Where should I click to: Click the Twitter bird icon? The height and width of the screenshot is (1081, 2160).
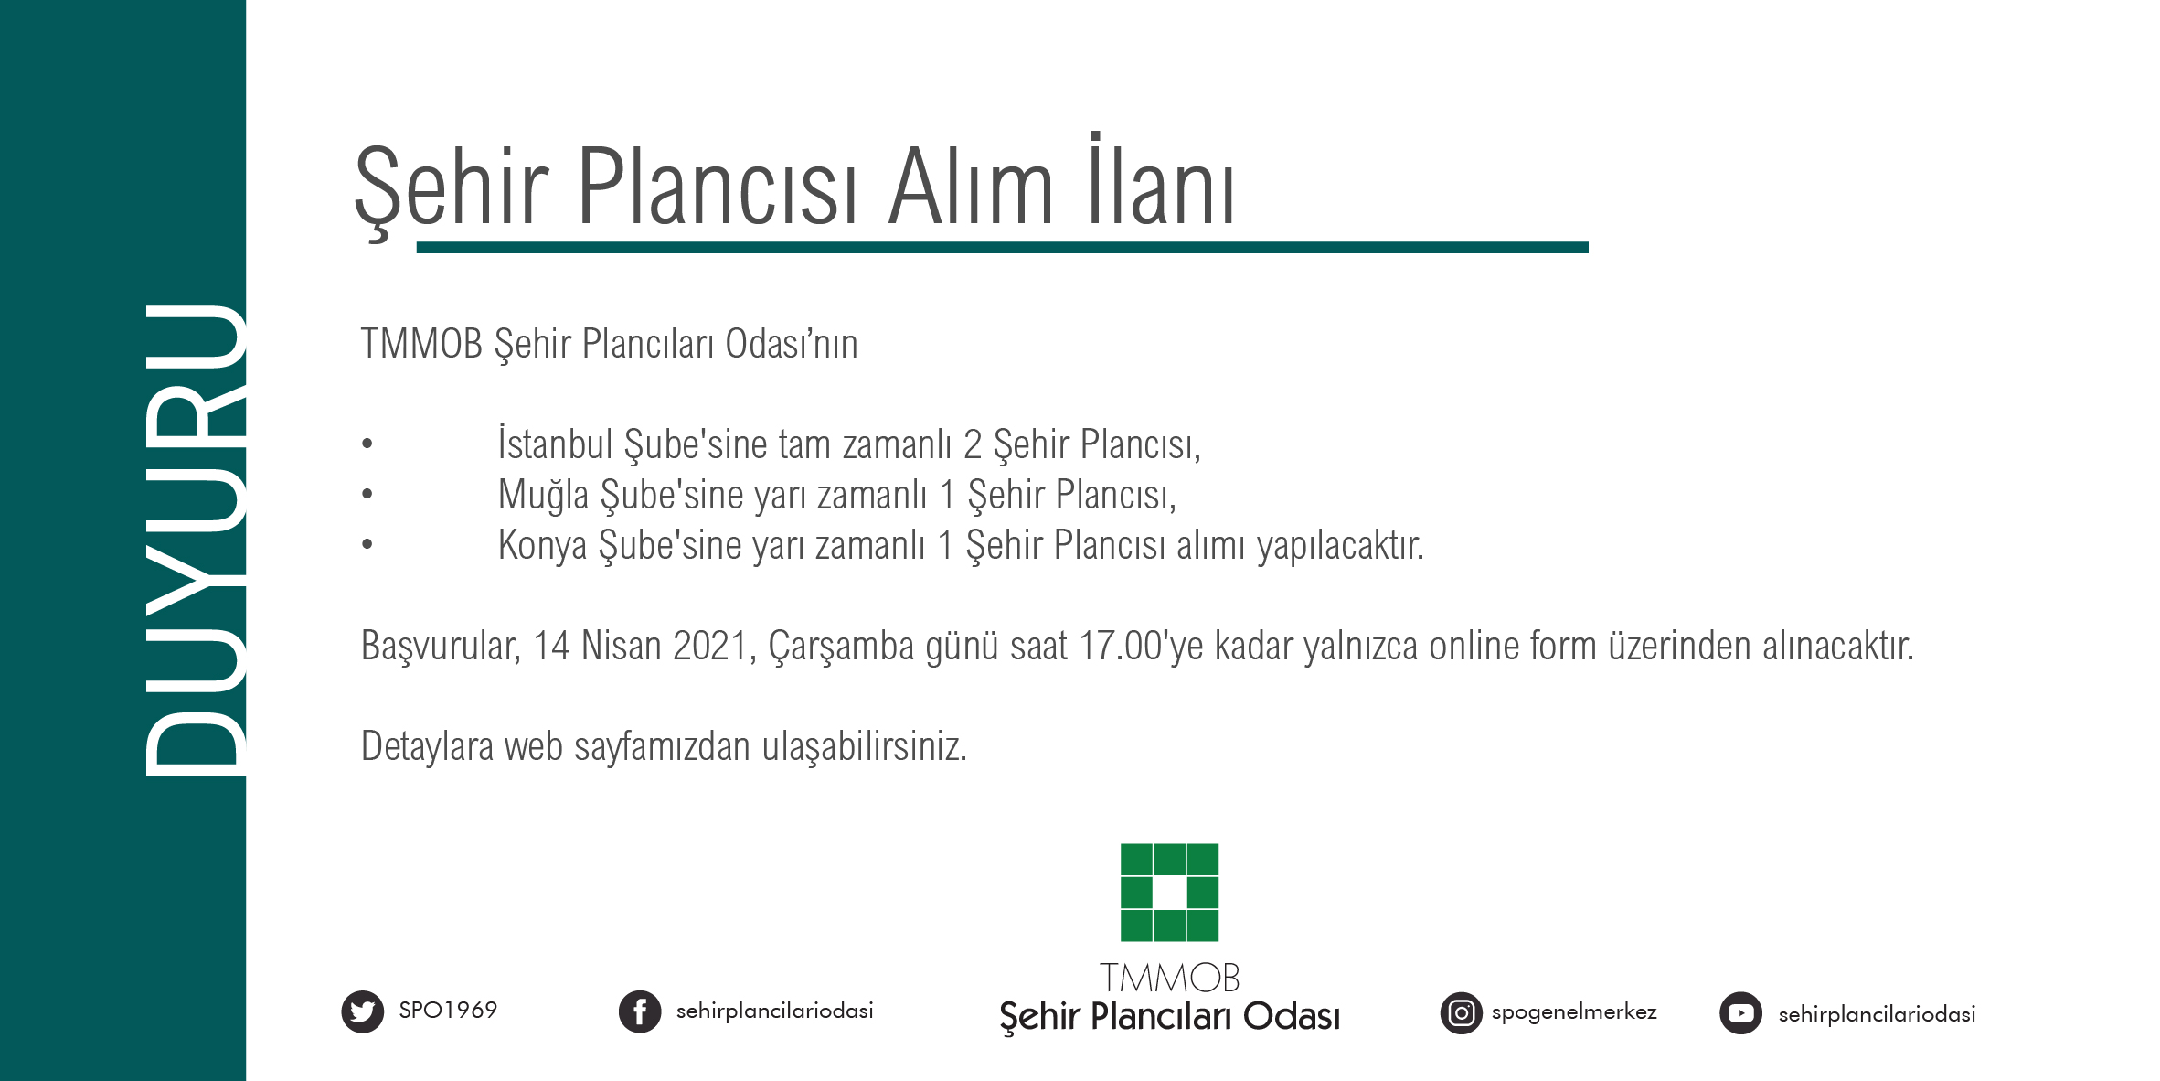click(x=363, y=1011)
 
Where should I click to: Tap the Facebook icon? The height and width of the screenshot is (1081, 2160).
click(x=640, y=1012)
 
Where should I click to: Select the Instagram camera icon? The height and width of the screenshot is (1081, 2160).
click(x=1461, y=1013)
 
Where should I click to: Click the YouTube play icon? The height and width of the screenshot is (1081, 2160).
click(x=1740, y=1013)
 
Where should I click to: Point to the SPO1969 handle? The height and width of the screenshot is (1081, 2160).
click(x=448, y=1011)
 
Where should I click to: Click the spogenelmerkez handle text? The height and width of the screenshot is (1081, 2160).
click(x=1573, y=1012)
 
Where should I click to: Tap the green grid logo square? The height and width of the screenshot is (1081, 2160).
click(x=1169, y=893)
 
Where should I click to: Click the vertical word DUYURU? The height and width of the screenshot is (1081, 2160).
click(x=195, y=540)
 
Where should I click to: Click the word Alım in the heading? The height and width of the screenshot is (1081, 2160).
click(x=971, y=187)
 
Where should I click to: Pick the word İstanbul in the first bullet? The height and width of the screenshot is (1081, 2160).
click(x=555, y=444)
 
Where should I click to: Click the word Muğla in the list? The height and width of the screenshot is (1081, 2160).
click(x=543, y=495)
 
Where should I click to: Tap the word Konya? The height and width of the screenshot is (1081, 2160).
click(x=542, y=546)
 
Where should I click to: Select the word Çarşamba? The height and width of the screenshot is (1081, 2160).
click(x=840, y=647)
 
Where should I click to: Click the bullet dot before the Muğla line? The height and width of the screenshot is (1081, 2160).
click(x=367, y=495)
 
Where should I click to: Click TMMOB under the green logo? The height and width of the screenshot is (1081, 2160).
click(x=1169, y=979)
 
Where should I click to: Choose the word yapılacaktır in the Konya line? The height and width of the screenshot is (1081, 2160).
click(x=1340, y=546)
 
